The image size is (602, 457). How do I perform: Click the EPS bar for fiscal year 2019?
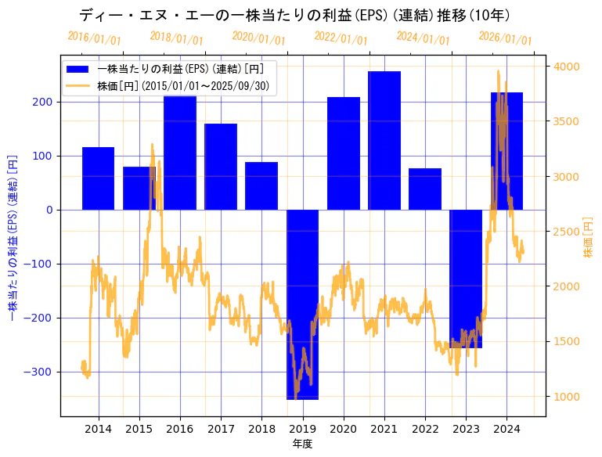[302, 304]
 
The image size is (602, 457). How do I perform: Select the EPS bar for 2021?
[384, 141]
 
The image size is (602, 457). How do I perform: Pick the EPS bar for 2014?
[99, 178]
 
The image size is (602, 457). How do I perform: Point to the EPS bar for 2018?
[261, 186]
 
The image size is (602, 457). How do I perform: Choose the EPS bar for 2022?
[425, 189]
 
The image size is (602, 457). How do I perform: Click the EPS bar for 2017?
[221, 167]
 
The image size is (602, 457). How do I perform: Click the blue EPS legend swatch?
[78, 69]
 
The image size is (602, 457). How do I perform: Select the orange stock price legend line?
[78, 86]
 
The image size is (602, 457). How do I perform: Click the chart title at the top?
[301, 15]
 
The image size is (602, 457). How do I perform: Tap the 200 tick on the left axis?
[43, 102]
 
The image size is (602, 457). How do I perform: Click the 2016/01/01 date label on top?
[94, 38]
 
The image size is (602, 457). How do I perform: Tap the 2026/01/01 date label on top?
[505, 38]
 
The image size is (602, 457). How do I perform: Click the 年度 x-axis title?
[302, 444]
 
